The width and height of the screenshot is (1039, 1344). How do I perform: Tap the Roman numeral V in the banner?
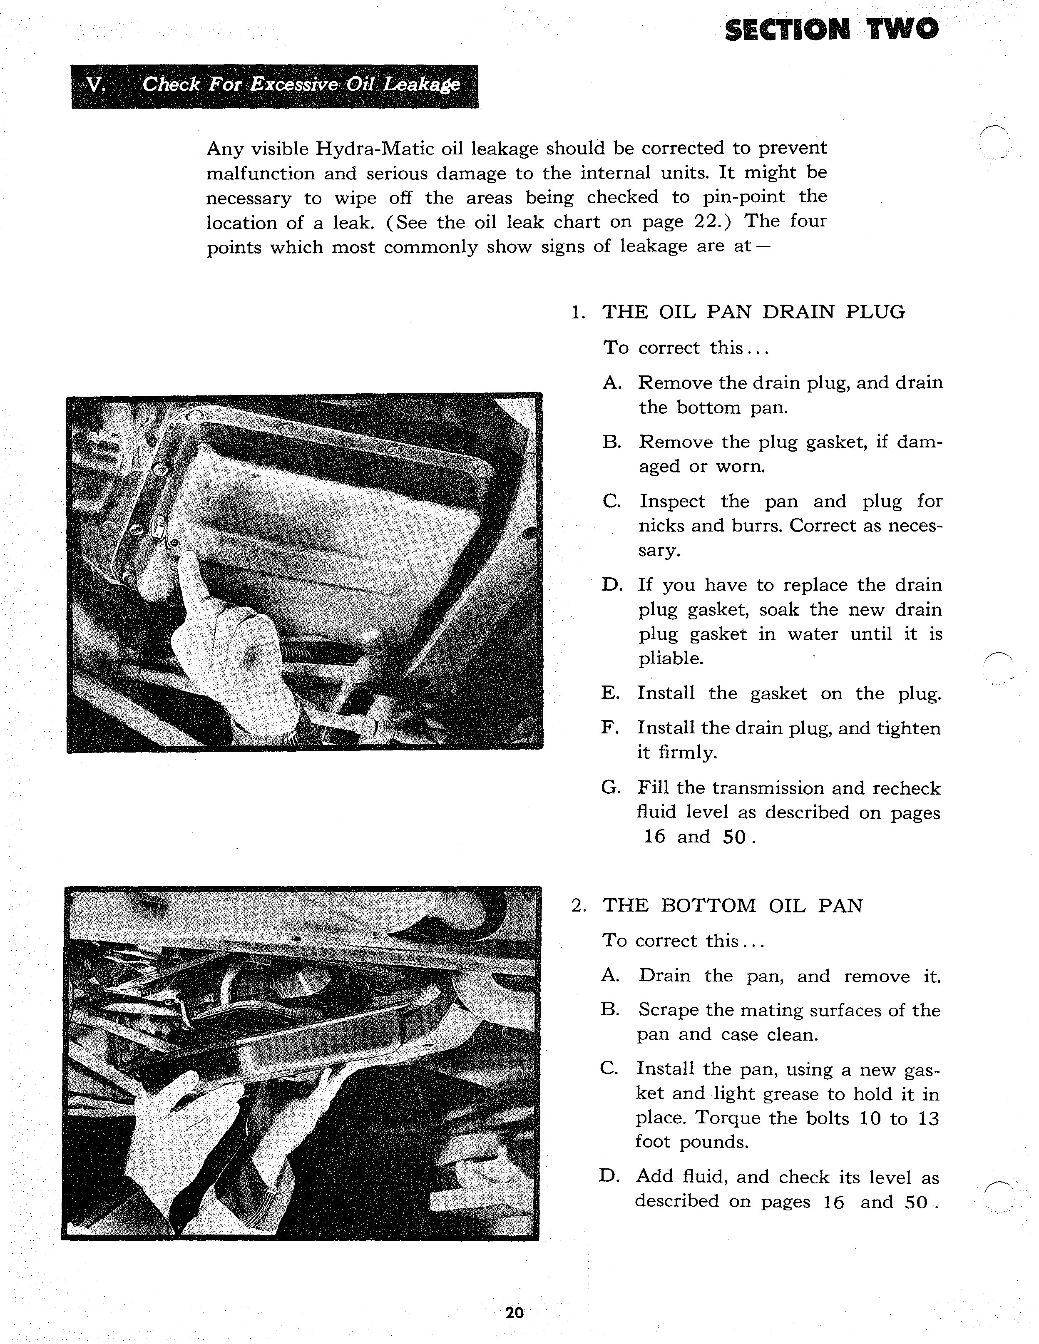pos(94,85)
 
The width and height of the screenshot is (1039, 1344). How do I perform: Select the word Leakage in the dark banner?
pos(422,84)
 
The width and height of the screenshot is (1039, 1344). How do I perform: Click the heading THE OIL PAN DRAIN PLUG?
pos(753,312)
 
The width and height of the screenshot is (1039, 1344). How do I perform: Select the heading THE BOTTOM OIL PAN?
pos(733,905)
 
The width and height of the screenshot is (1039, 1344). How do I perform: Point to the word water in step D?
pos(813,634)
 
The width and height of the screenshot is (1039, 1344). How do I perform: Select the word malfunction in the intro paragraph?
pos(259,174)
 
